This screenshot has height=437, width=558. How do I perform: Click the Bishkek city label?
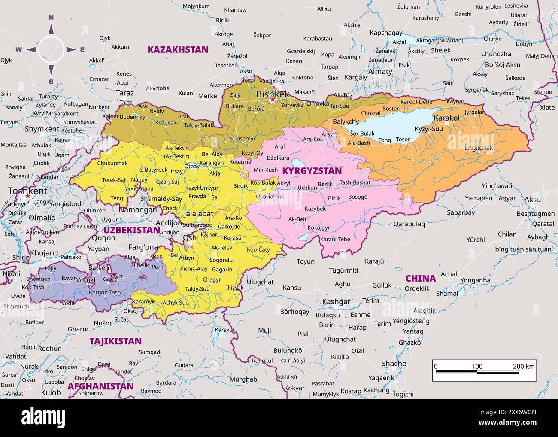click(x=273, y=94)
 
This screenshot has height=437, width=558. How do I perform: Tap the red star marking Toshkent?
click(x=28, y=196)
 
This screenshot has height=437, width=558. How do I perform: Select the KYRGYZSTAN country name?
click(x=312, y=171)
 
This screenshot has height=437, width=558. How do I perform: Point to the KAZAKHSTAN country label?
click(x=178, y=49)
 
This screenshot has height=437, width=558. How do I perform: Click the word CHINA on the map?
click(x=420, y=278)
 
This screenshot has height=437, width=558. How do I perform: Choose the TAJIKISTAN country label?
click(x=115, y=341)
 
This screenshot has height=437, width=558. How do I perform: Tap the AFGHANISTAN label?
click(x=100, y=386)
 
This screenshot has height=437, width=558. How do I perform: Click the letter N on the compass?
click(x=51, y=18)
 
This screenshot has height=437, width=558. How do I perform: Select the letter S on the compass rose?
click(x=51, y=82)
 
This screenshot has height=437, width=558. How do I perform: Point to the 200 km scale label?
click(x=524, y=366)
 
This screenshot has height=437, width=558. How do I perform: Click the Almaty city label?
click(x=380, y=72)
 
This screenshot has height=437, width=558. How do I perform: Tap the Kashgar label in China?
click(x=336, y=302)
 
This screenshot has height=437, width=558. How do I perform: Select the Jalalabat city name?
click(x=198, y=213)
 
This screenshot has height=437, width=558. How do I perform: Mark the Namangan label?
click(x=138, y=210)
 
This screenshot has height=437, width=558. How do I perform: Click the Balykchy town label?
click(x=346, y=122)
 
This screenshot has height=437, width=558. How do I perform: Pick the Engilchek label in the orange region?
click(x=479, y=148)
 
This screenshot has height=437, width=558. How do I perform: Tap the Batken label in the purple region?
click(x=98, y=267)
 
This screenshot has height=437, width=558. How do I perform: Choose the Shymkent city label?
click(x=42, y=129)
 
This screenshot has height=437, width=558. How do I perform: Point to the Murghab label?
click(x=243, y=379)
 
